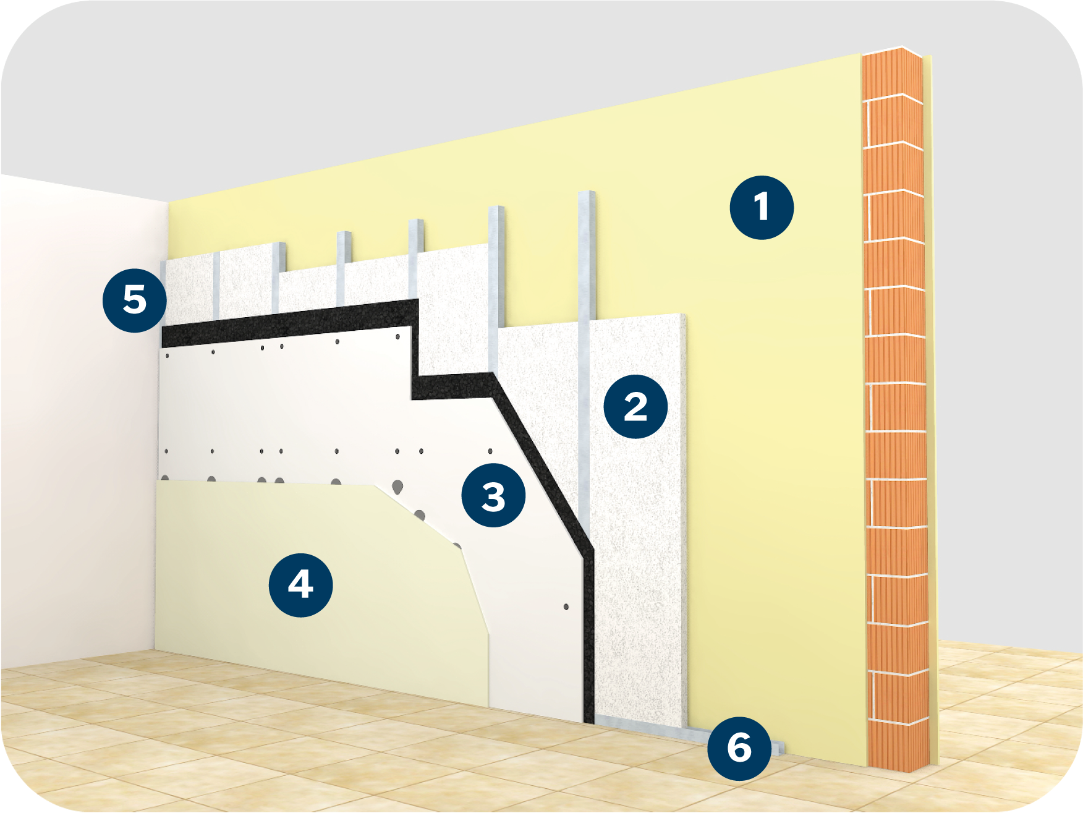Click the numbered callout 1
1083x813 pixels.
pyautogui.click(x=762, y=207)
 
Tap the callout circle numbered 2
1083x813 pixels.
pyautogui.click(x=635, y=407)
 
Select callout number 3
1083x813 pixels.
pyautogui.click(x=493, y=496)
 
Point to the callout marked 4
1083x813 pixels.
pyautogui.click(x=300, y=585)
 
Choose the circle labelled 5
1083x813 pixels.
pyautogui.click(x=135, y=300)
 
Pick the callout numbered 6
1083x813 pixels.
pyautogui.click(x=739, y=748)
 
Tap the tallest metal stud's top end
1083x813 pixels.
pyautogui.click(x=587, y=194)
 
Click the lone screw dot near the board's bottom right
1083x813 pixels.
pyautogui.click(x=566, y=607)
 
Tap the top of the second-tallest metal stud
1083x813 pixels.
pyautogui.click(x=496, y=209)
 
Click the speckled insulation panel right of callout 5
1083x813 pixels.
pyautogui.click(x=189, y=291)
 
